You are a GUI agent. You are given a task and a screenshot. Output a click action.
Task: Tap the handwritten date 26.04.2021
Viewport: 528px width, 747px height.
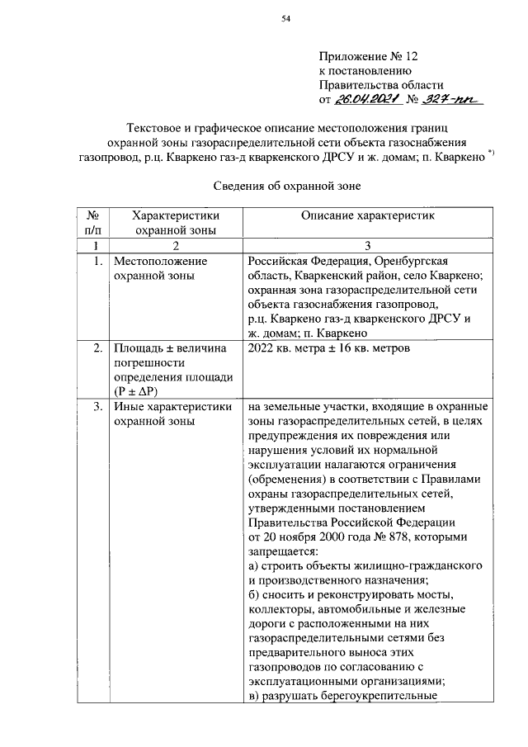[367, 99]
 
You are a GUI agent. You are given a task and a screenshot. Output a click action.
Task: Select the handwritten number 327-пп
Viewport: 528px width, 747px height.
[453, 99]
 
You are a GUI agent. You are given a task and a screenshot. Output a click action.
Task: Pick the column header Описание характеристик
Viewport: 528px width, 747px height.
[367, 215]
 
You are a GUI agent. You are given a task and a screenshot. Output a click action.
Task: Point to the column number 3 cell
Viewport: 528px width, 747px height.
[368, 246]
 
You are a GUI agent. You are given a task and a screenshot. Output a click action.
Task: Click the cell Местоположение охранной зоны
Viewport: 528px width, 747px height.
[160, 269]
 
